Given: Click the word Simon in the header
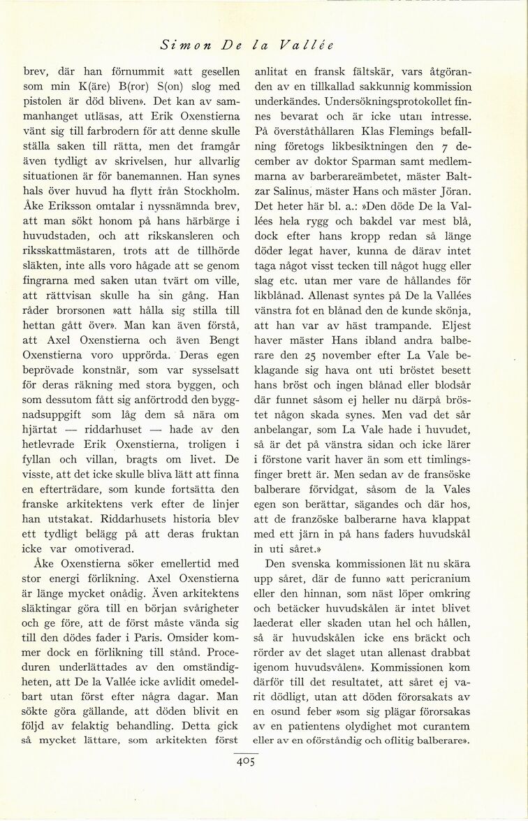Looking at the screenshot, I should pyautogui.click(x=182, y=45).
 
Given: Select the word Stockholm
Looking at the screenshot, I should pyautogui.click(x=211, y=189).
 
